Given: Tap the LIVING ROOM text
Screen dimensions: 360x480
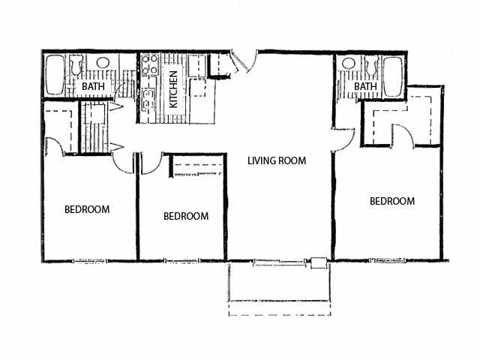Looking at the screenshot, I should [x=278, y=160].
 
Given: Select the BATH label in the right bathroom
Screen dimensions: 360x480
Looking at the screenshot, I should [x=365, y=88].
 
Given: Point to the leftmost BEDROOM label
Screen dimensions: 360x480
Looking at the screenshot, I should [x=87, y=209].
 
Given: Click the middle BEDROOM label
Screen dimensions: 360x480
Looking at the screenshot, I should [x=185, y=216].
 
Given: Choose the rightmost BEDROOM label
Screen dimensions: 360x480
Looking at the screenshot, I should [x=392, y=201].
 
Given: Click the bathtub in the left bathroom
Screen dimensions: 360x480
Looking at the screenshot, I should [x=55, y=75].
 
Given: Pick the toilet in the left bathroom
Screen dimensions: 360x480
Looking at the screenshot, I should [x=75, y=67].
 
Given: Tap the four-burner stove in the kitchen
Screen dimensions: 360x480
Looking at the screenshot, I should [x=146, y=65].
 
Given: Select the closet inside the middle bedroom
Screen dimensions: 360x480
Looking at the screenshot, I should [x=197, y=166].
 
